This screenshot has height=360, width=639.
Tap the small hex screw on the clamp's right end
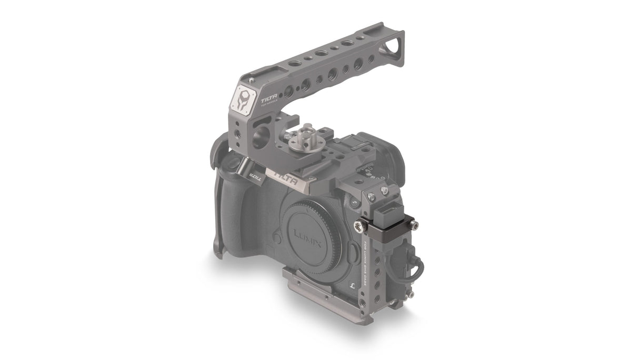coord(415,226)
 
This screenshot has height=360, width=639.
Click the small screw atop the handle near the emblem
coord(254,79)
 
